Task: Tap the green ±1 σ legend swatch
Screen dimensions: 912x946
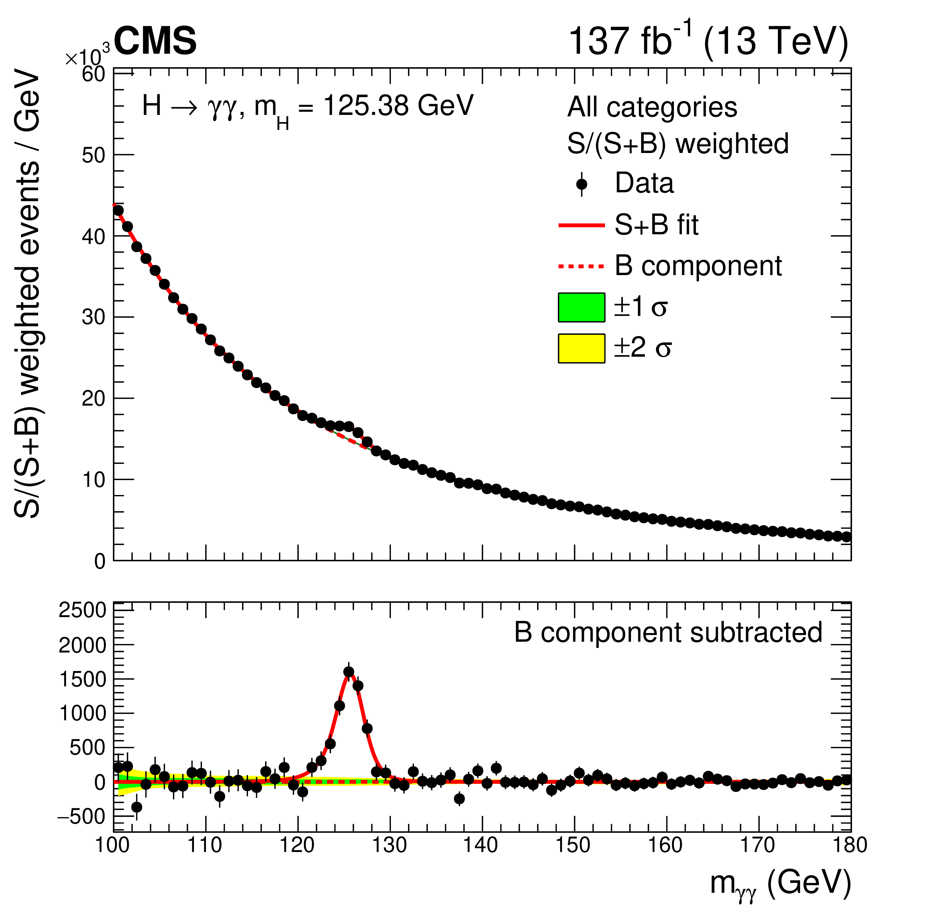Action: [x=581, y=307]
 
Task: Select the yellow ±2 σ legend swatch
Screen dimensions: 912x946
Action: [x=581, y=348]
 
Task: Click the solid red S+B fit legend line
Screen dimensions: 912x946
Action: [x=581, y=225]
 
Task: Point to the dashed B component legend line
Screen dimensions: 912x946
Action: [x=581, y=266]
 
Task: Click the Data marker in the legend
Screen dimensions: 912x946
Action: [x=582, y=184]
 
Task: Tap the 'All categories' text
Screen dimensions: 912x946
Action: [x=651, y=107]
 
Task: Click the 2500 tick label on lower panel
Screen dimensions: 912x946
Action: [x=82, y=610]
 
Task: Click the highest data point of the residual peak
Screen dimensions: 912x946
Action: [x=349, y=672]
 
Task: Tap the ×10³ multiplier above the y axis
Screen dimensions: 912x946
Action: [x=87, y=58]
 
